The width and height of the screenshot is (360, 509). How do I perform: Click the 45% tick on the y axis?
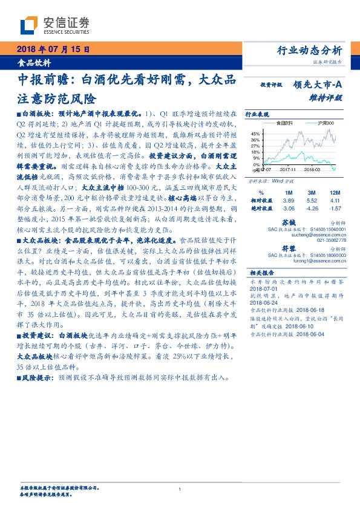255,134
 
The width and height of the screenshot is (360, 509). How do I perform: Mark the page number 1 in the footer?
180,489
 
